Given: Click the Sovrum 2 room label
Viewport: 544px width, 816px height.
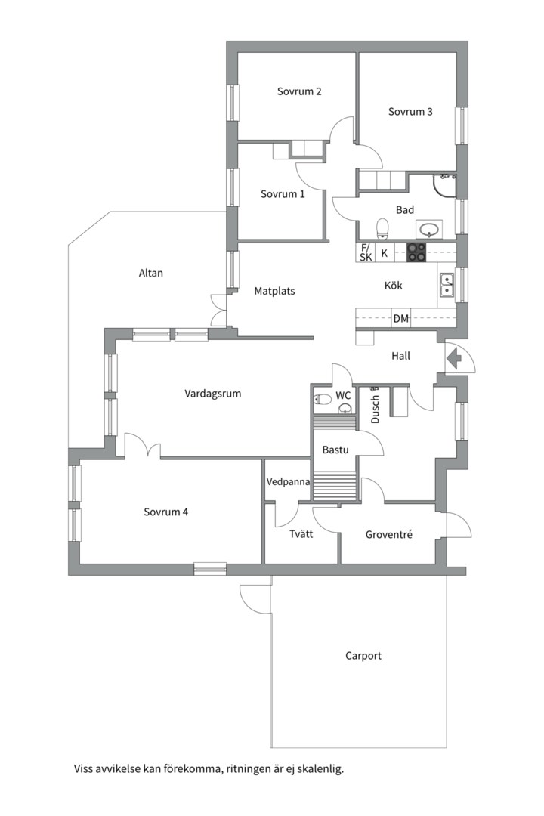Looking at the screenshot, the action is [298, 91].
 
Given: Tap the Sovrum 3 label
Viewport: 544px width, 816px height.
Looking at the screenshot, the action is [410, 111].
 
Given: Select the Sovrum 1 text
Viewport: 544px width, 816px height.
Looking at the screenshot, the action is [283, 194].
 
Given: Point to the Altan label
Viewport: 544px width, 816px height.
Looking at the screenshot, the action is [151, 273].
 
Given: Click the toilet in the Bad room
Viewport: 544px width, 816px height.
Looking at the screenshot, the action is [383, 228].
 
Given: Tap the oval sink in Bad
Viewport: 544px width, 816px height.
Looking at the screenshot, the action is [429, 228].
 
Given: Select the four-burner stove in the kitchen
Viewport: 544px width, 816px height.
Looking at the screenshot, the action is [416, 253].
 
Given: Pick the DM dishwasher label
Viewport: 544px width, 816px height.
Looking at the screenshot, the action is [401, 319].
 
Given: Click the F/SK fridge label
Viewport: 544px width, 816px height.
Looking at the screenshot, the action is [366, 252].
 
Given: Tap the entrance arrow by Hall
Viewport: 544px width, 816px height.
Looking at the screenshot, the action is [454, 359].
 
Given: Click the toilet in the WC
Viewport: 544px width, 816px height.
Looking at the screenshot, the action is [323, 400].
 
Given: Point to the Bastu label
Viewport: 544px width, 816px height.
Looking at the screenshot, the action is [335, 450].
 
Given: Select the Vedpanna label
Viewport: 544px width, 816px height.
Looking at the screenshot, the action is [288, 482].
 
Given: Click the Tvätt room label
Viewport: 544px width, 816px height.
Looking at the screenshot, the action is [301, 533].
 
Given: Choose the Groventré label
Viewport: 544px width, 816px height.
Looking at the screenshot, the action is [388, 534].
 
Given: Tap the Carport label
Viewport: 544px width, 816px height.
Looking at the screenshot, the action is [363, 656].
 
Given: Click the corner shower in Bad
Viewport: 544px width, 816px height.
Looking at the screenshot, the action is [444, 185].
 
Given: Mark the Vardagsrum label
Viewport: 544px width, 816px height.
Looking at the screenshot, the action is [213, 394].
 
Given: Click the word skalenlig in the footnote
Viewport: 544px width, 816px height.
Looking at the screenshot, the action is [323, 768].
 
